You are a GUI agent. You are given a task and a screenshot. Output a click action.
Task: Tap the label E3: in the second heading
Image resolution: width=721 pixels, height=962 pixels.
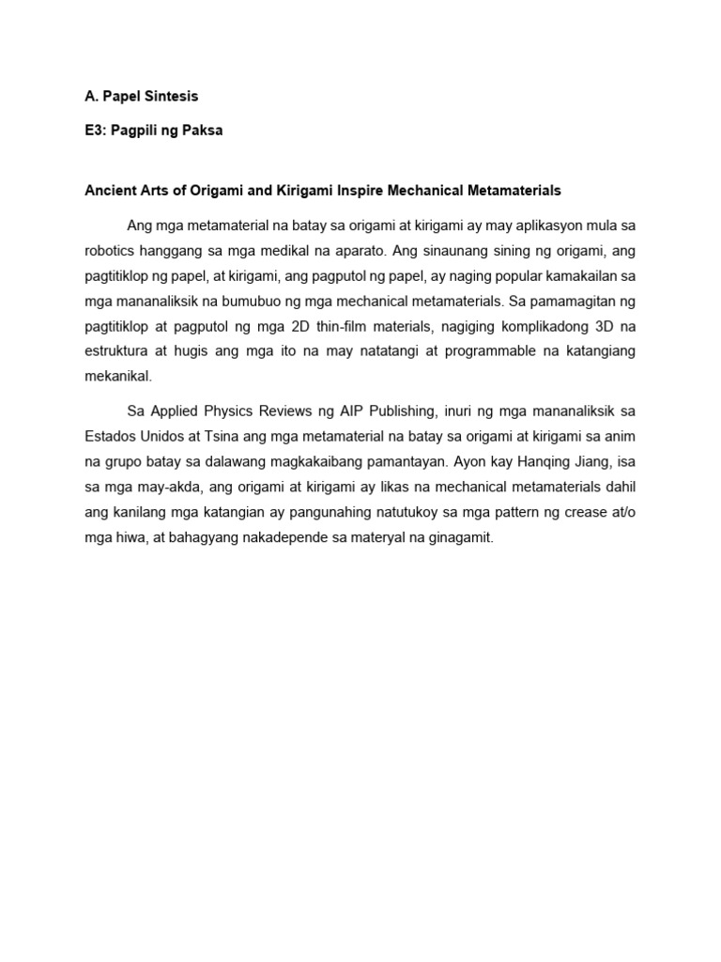(95, 132)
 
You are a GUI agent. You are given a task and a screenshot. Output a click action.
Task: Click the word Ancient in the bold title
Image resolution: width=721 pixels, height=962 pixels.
(109, 190)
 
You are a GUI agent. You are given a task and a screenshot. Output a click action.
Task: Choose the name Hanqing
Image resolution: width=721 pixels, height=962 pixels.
(525, 461)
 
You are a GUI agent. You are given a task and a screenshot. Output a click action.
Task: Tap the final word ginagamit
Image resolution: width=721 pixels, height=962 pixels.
(459, 536)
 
